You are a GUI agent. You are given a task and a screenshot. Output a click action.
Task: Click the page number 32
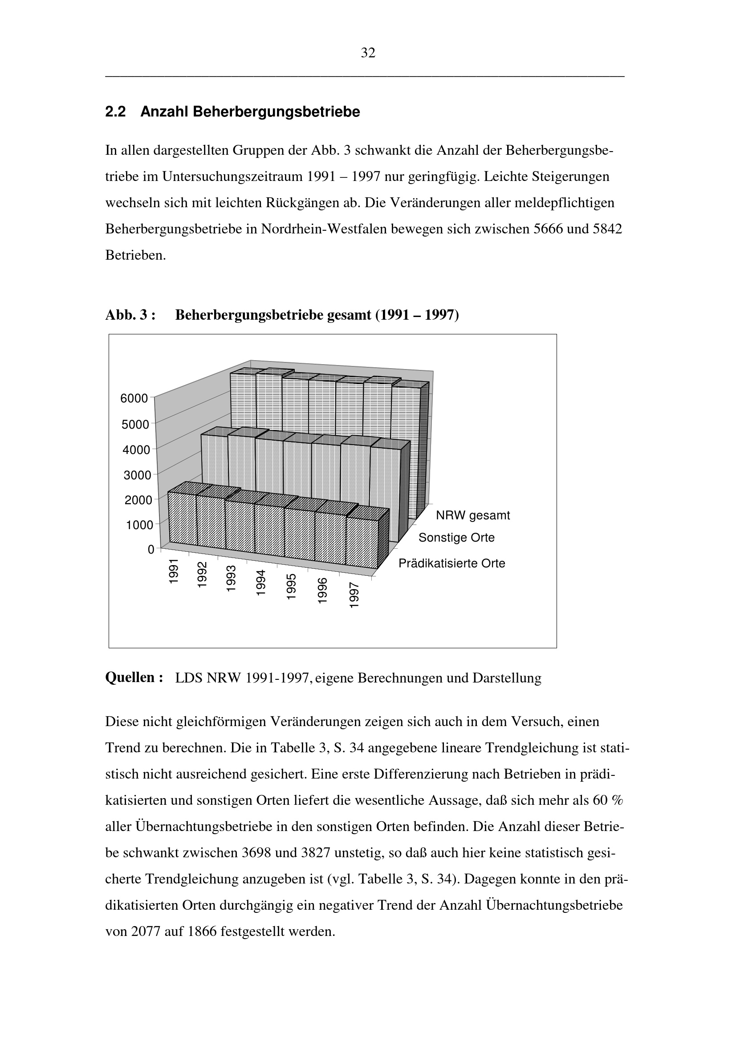pos(368,53)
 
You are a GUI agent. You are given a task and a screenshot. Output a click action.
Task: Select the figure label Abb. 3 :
pos(130,315)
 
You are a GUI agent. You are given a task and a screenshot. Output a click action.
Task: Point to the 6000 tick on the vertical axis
pos(134,398)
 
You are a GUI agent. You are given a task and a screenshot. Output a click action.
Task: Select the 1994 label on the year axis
pos(261,582)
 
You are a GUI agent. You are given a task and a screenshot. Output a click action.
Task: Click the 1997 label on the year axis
pos(354,595)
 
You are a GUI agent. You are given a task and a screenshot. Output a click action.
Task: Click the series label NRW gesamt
pos(472,515)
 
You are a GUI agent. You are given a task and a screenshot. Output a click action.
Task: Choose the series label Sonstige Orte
pos(456,538)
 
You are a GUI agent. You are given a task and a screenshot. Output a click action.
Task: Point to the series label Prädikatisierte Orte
pos(451,563)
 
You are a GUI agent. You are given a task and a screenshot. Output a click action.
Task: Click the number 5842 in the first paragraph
pos(608,229)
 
